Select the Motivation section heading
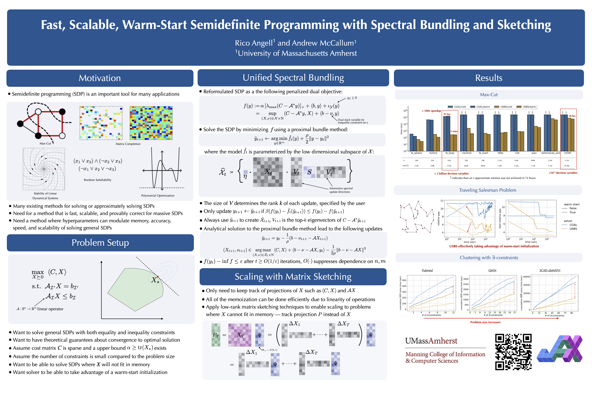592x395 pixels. pos(100,78)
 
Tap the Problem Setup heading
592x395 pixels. pos(100,243)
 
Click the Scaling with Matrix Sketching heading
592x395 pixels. pos(293,277)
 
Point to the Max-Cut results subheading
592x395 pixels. pos(489,95)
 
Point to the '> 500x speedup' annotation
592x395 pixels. pos(431,111)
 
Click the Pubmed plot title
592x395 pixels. pos(427,270)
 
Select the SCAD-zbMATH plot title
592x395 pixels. pos(550,270)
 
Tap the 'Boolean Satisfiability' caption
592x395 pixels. pos(98,180)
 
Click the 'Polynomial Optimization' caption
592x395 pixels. pos(158,196)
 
